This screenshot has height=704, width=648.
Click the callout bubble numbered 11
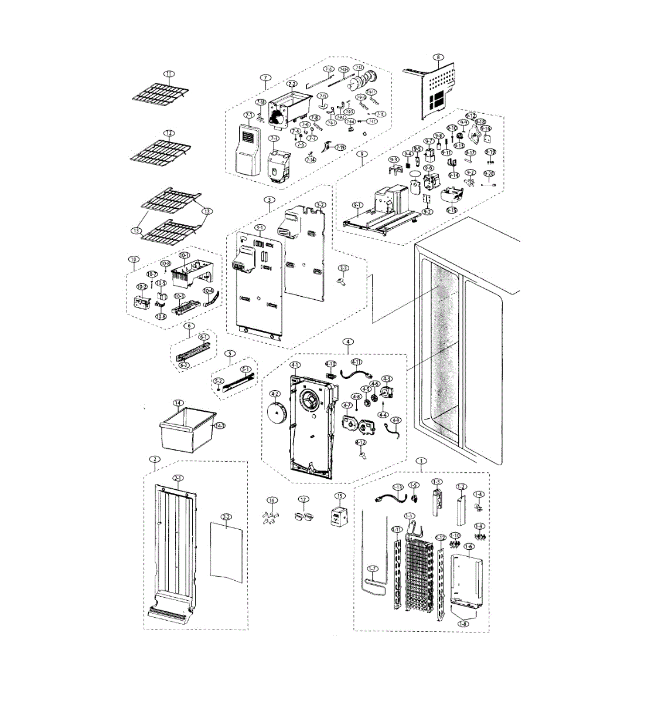click(x=169, y=74)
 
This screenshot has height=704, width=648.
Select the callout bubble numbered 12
click(x=169, y=133)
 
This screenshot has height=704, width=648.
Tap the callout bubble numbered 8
click(x=437, y=57)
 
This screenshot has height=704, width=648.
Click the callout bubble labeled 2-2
click(x=226, y=517)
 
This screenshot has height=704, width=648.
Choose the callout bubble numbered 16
click(x=271, y=500)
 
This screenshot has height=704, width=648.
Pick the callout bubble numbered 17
click(x=303, y=500)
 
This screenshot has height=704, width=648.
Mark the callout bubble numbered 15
click(x=338, y=496)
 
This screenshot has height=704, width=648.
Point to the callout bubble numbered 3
click(x=269, y=200)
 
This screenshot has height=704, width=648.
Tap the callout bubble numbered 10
click(x=134, y=259)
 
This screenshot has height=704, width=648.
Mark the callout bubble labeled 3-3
click(x=343, y=268)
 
